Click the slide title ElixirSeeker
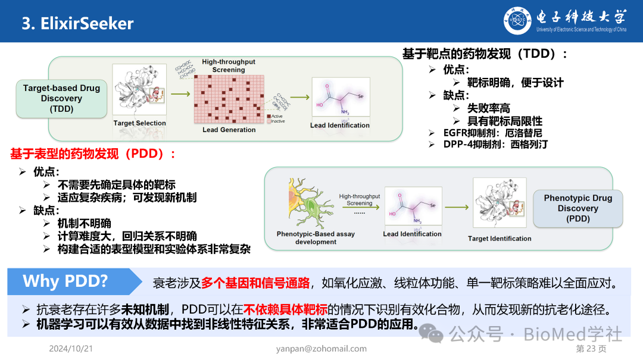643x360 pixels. point(77,23)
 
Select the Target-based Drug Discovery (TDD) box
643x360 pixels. point(62,98)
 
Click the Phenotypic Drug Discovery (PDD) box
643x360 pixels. point(578,208)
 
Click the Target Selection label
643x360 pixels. point(139,123)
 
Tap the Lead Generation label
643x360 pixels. point(229,130)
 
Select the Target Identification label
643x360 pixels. point(500,239)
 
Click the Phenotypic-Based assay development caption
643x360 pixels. point(316,237)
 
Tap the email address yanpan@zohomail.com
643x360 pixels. point(321,349)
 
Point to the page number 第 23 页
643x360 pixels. point(591,349)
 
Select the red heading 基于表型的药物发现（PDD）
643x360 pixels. point(93,154)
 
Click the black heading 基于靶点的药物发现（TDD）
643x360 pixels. point(485,54)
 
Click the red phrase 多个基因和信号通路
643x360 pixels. point(255,283)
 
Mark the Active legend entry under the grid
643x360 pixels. point(276,116)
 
